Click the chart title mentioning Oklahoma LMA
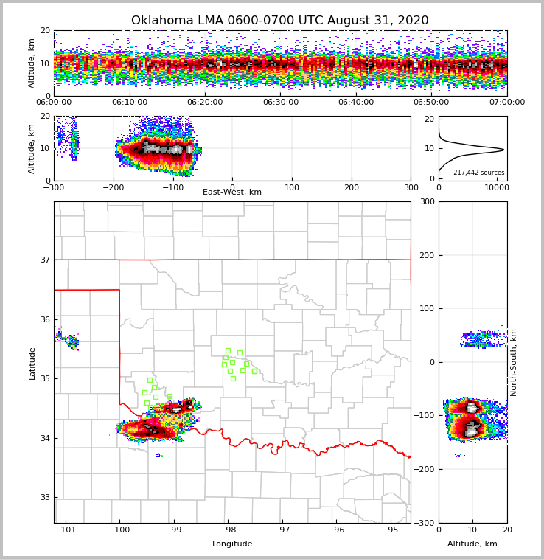coord(279,21)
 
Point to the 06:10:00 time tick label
coord(130,103)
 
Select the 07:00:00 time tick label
coord(506,103)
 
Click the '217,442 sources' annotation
coord(478,173)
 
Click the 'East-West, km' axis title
coord(232,192)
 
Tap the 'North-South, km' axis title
coord(514,362)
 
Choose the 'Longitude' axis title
coord(232,544)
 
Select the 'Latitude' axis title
coord(32,363)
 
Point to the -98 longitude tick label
coord(228,530)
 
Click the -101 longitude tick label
coord(66,530)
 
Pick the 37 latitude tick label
coord(44,260)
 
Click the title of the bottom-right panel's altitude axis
coord(472,544)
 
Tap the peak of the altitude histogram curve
coord(503,150)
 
